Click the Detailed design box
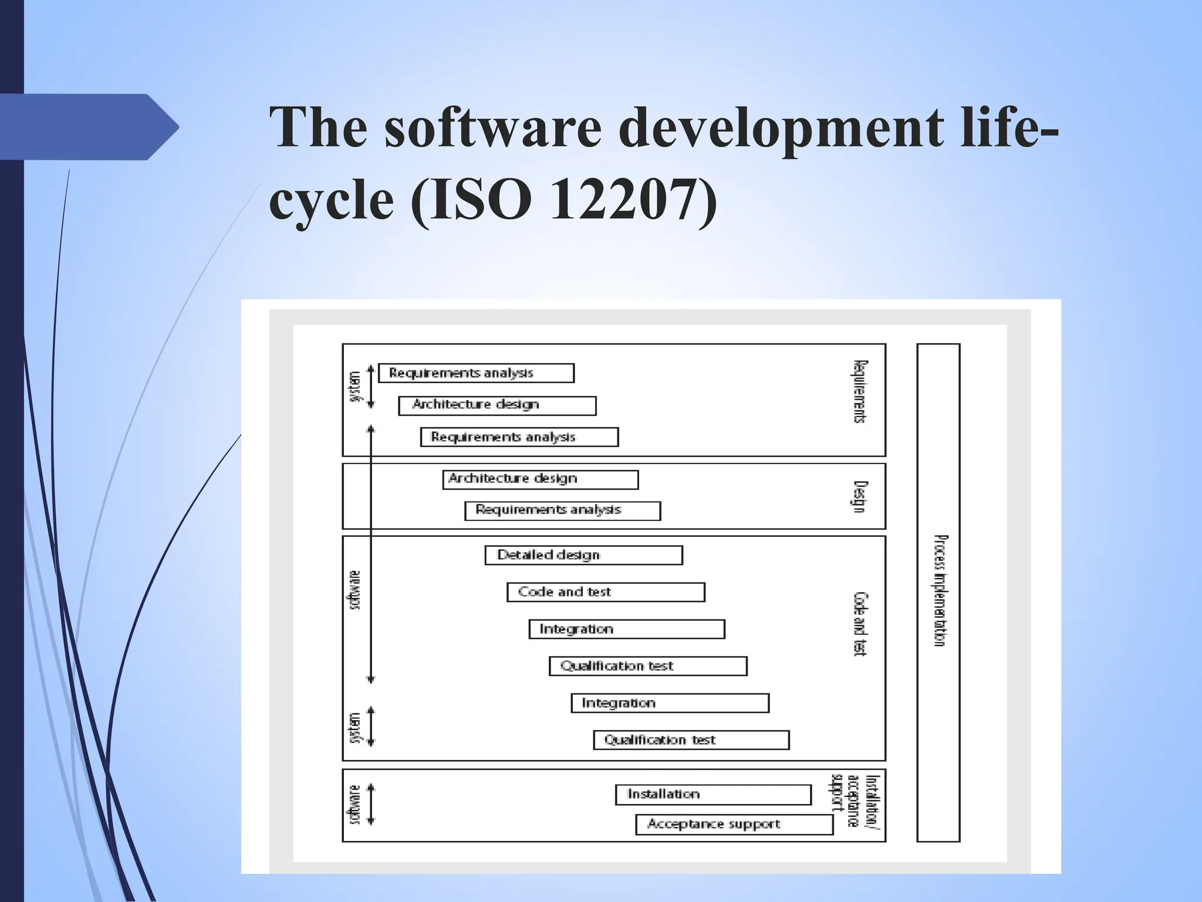tap(583, 555)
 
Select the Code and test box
tap(606, 592)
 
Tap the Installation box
tap(713, 795)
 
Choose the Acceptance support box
tap(734, 824)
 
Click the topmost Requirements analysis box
tap(476, 373)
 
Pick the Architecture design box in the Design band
tap(540, 479)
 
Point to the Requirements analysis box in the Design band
tap(562, 510)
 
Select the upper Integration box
tap(627, 629)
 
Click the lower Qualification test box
tap(691, 740)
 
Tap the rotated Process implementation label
tap(940, 590)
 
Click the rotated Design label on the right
tap(859, 496)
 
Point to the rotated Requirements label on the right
tap(859, 392)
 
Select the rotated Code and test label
tap(859, 624)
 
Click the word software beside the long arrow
tap(355, 590)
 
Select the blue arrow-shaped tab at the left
tap(88, 127)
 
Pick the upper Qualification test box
tap(648, 666)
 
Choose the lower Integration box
tap(670, 703)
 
